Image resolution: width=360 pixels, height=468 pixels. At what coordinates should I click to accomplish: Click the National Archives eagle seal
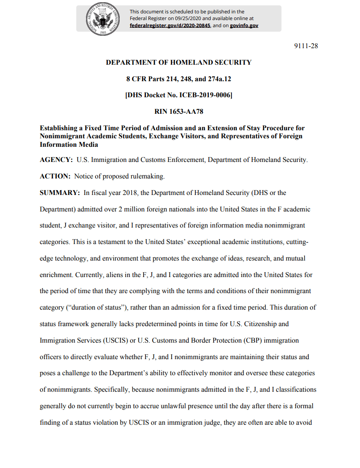coord(103,19)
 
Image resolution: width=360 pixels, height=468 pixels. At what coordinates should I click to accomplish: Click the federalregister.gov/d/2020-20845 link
coord(170,25)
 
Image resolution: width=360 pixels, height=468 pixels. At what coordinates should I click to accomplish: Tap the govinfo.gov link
coord(244,25)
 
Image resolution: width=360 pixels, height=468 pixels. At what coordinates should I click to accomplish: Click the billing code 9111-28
coord(306,46)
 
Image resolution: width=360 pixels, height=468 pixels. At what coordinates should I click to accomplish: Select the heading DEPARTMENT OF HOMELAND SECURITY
coord(178,62)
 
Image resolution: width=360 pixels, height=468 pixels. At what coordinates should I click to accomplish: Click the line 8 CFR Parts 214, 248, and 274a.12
coord(178,79)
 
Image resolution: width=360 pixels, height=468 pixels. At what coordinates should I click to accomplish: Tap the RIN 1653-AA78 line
coord(178,112)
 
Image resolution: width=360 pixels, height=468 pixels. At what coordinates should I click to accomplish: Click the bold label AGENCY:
coord(56,160)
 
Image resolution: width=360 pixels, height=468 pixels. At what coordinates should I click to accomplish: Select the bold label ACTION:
coord(55,176)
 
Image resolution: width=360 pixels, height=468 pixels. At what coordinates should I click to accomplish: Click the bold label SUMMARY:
coord(60,193)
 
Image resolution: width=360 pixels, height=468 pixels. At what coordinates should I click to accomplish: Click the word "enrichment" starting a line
coord(56,275)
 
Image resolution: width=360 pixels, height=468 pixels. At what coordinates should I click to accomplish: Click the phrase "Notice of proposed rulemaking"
coord(120,176)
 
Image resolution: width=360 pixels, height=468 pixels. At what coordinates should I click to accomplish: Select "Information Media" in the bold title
coord(69,145)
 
